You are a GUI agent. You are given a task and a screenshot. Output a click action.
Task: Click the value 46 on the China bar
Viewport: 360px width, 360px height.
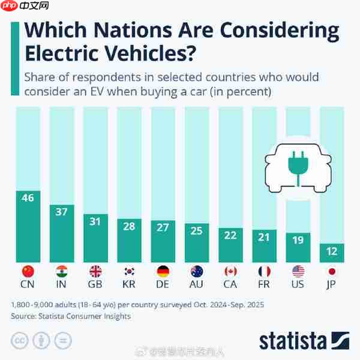pyautogui.click(x=28, y=197)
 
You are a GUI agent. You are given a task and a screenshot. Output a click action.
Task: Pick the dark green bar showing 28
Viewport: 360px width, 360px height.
pyautogui.click(x=129, y=240)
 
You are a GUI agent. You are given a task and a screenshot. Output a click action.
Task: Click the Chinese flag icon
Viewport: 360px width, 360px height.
pyautogui.click(x=28, y=271)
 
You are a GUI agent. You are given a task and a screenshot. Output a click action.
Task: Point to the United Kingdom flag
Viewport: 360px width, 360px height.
pyautogui.click(x=95, y=271)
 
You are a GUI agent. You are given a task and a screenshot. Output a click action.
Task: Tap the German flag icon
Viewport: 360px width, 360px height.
pyautogui.click(x=163, y=271)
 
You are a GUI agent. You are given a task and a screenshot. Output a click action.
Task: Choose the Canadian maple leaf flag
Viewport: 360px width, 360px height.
pyautogui.click(x=230, y=271)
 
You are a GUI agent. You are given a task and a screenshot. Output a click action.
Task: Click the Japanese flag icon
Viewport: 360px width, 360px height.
pyautogui.click(x=332, y=271)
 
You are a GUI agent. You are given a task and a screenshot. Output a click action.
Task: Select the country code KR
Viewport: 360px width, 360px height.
pyautogui.click(x=129, y=284)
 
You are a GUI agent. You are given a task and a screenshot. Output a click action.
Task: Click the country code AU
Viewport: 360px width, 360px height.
pyautogui.click(x=197, y=284)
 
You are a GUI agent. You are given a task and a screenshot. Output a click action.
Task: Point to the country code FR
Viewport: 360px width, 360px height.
pyautogui.click(x=264, y=284)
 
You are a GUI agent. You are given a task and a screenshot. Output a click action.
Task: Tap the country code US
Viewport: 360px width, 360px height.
pyautogui.click(x=298, y=284)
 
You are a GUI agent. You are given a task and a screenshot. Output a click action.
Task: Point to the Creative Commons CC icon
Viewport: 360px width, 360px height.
pyautogui.click(x=21, y=341)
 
